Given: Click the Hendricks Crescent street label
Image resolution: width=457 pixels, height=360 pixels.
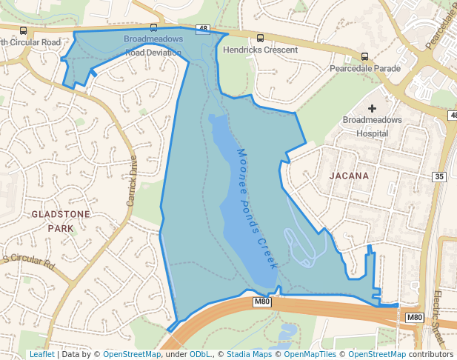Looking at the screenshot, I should click(260, 50).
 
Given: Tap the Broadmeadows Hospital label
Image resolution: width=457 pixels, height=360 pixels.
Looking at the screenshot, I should click(372, 126).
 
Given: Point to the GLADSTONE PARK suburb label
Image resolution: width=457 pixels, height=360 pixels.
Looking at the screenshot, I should click(61, 221).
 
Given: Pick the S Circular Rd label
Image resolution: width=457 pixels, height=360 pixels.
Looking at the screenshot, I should click(29, 261).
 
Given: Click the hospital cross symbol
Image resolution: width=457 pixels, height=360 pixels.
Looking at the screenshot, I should click(372, 109).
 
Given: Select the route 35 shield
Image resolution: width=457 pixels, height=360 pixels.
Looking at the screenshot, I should click(440, 176).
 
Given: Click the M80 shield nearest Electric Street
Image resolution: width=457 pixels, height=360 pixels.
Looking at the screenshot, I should click(415, 318).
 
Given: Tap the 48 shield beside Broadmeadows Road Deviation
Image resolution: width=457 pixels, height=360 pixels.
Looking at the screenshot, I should click(203, 29).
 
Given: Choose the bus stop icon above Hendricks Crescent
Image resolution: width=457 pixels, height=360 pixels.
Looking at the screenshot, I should click(260, 39).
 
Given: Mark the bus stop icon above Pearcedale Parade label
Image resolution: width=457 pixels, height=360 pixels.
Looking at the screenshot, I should click(364, 56).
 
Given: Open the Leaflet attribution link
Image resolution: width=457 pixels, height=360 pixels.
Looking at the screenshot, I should click(41, 355).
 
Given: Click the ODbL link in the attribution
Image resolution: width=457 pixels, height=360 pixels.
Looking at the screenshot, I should click(200, 355).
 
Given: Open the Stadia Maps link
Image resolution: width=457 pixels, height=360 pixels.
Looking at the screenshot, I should click(247, 355).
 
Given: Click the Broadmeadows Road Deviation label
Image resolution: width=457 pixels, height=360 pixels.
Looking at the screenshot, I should click(153, 45).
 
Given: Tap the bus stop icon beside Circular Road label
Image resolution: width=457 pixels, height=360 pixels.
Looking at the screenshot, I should click(24, 31).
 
